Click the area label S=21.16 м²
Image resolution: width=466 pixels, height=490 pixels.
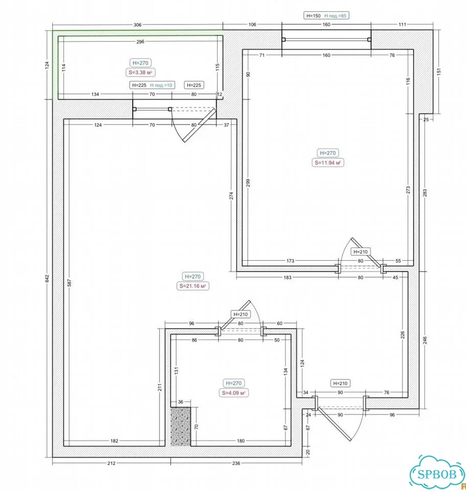click(x=193, y=286)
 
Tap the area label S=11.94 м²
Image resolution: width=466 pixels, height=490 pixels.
click(x=328, y=162)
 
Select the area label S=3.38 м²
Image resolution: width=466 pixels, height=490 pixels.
click(x=141, y=72)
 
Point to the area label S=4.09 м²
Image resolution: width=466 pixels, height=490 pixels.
click(x=234, y=393)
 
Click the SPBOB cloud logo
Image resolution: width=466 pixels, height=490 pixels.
click(x=437, y=473)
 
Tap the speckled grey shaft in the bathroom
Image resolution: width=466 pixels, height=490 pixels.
click(x=180, y=426)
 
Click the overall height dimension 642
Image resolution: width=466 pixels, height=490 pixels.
click(x=47, y=279)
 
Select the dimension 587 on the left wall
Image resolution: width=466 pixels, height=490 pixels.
click(x=69, y=283)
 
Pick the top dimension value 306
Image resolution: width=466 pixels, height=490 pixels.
click(x=137, y=24)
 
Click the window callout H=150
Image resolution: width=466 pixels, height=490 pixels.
click(x=313, y=16)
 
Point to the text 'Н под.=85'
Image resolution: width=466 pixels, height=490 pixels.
click(x=335, y=16)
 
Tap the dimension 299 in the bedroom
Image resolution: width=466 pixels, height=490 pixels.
click(x=248, y=183)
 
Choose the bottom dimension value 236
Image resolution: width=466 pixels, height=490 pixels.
click(x=236, y=463)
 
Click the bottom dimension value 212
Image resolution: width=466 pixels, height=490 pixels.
click(x=111, y=463)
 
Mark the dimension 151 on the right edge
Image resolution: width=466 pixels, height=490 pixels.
click(x=438, y=71)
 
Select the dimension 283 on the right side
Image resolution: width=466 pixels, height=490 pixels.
click(x=425, y=193)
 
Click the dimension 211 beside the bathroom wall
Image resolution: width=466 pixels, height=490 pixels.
click(x=159, y=387)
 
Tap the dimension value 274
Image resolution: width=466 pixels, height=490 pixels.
click(x=231, y=195)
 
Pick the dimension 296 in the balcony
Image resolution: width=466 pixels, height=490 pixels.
click(x=141, y=41)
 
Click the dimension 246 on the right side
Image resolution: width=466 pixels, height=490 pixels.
click(x=425, y=340)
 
